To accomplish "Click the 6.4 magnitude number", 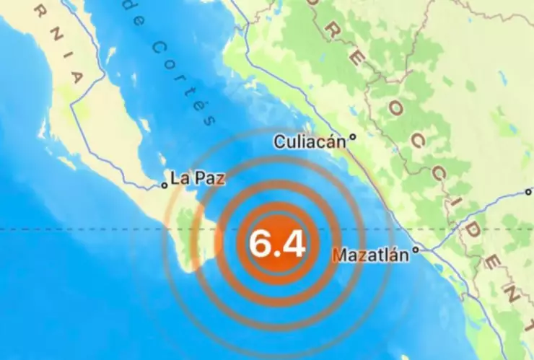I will click(276, 243).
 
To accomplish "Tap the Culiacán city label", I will click(310, 142).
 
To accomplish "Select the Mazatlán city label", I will click(376, 254).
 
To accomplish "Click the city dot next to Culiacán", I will click(353, 138).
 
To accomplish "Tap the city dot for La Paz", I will click(165, 185).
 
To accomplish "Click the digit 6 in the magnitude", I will click(260, 243).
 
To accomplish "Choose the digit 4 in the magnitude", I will click(293, 243).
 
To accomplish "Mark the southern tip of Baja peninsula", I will click(189, 270).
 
